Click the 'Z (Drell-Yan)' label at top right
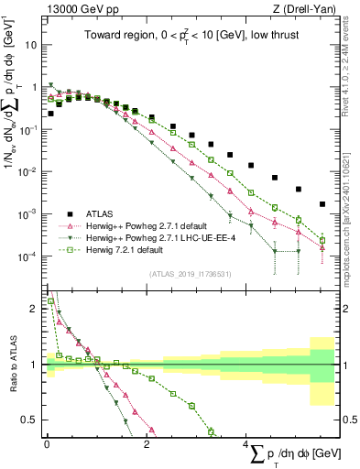tap(307, 8)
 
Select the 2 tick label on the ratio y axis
tap(35, 309)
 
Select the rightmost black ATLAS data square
tap(322, 204)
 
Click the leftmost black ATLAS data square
tap(51, 114)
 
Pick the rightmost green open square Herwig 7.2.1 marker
tap(322, 241)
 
